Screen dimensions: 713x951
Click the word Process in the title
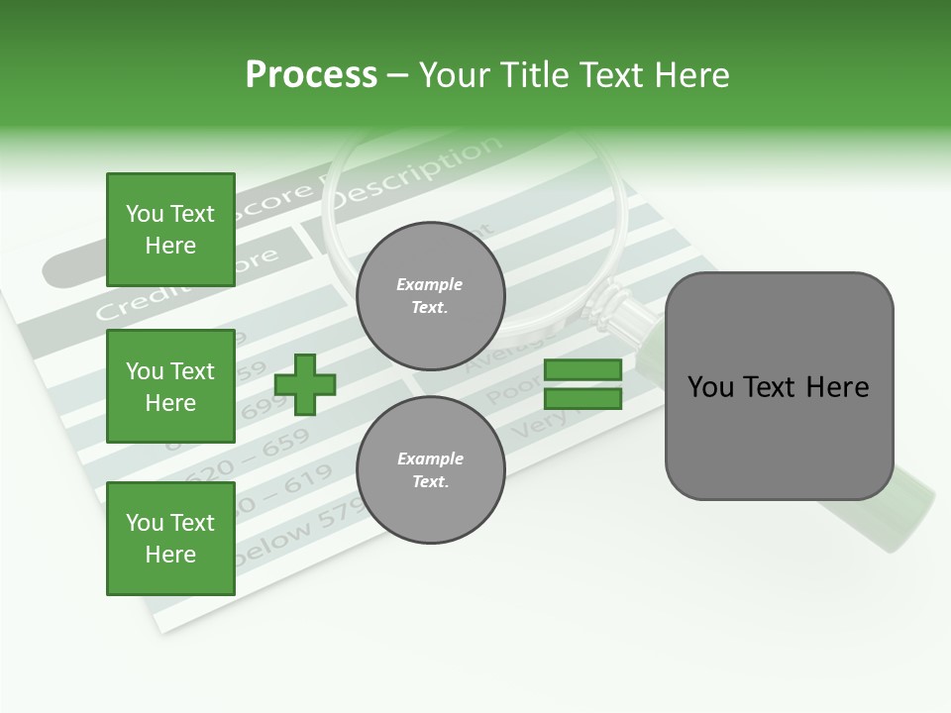click(x=311, y=75)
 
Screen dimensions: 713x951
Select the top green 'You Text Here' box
click(x=170, y=230)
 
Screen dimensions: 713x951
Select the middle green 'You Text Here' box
click(x=170, y=386)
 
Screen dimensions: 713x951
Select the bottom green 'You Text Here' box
click(x=170, y=539)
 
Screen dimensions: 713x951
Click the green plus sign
click(x=305, y=384)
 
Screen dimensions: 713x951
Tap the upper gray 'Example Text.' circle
click(x=430, y=296)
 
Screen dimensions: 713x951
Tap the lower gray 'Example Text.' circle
click(x=430, y=470)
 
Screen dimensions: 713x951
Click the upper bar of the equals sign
click(x=582, y=369)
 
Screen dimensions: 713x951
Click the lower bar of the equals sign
click(x=582, y=399)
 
